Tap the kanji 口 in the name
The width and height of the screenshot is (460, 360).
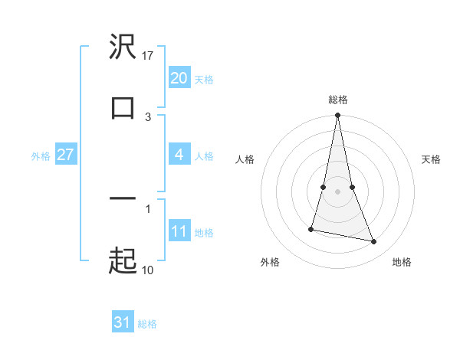(123, 108)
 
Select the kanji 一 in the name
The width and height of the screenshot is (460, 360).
(123, 199)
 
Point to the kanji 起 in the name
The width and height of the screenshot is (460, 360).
(123, 261)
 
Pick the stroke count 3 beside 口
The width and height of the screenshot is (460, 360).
(148, 116)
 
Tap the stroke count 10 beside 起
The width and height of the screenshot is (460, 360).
(148, 270)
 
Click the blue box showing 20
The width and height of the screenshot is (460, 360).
(179, 77)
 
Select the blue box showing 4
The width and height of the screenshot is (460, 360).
(179, 155)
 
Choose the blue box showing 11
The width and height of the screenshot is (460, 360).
(179, 231)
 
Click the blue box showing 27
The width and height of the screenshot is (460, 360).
(65, 155)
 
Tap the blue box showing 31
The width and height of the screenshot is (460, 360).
(122, 322)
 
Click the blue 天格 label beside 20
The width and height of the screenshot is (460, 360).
(203, 79)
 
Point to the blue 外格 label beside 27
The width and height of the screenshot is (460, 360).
(41, 156)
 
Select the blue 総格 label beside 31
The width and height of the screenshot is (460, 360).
(147, 324)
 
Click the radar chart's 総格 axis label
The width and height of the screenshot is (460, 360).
(337, 100)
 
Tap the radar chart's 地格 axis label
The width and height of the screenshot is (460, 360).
(402, 262)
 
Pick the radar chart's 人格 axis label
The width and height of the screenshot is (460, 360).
(245, 159)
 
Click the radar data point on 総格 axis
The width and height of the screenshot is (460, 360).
(337, 116)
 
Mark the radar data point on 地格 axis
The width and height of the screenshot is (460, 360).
(374, 241)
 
